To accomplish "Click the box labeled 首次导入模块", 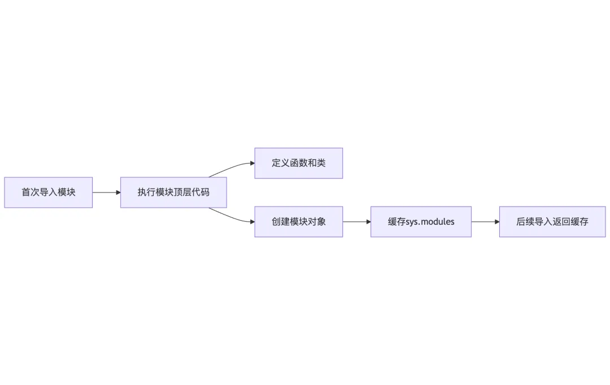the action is (48, 193).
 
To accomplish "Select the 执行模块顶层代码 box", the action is (173, 193).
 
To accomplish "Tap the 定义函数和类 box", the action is (298, 163).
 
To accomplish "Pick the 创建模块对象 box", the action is (298, 222).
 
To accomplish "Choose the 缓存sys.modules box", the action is (421, 222).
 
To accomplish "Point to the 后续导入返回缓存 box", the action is (552, 222).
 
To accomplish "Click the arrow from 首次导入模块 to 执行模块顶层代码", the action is (106, 193).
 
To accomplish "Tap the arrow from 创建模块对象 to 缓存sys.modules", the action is (356, 222).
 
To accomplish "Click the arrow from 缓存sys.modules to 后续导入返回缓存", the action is (485, 222).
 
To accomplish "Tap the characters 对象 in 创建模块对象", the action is (317, 222).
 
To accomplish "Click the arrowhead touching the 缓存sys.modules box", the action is (368, 222).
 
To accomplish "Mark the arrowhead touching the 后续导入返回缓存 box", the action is (497, 222).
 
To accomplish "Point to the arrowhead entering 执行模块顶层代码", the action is (118, 193).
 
